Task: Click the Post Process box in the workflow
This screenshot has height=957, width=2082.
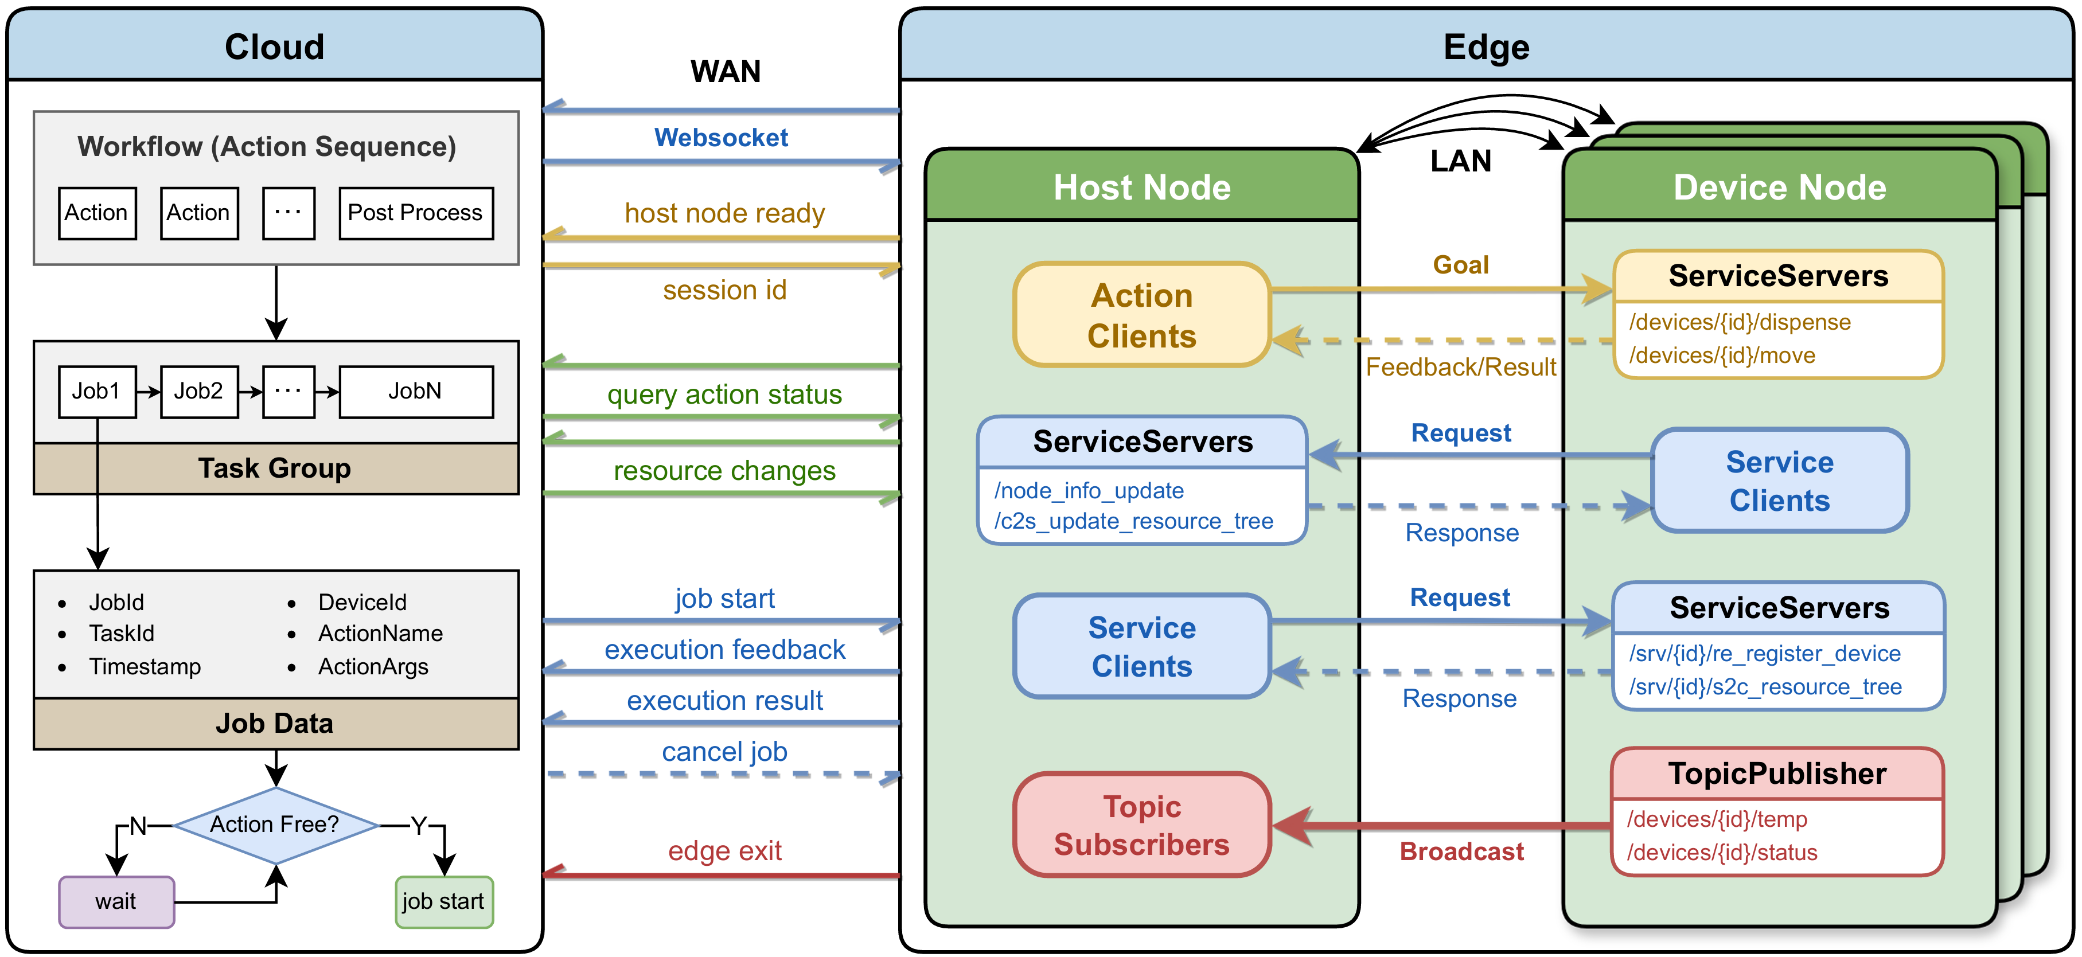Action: coord(415,213)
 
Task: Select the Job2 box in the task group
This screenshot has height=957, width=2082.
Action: coord(199,391)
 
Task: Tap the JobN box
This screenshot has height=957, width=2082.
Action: coord(415,391)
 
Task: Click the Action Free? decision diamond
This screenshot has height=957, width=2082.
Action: coord(276,825)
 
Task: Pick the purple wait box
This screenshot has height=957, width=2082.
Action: coord(116,901)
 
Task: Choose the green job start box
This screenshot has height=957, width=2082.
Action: coord(444,901)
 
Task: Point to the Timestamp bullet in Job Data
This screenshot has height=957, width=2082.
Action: coord(145,667)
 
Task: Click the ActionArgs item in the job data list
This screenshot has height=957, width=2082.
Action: coord(373,667)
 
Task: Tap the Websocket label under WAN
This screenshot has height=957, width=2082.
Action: coord(721,138)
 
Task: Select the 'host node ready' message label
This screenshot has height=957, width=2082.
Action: coord(724,213)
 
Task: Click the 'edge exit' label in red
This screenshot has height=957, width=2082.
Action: coord(724,850)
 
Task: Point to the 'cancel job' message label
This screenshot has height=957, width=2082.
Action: coord(724,752)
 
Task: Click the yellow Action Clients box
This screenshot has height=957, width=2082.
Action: coord(1141,315)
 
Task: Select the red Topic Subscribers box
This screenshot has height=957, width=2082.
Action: coord(1141,825)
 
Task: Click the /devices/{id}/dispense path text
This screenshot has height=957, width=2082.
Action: coord(1740,322)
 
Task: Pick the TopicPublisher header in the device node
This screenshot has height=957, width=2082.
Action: coord(1777,774)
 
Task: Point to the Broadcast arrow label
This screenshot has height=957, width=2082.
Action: coord(1461,851)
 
